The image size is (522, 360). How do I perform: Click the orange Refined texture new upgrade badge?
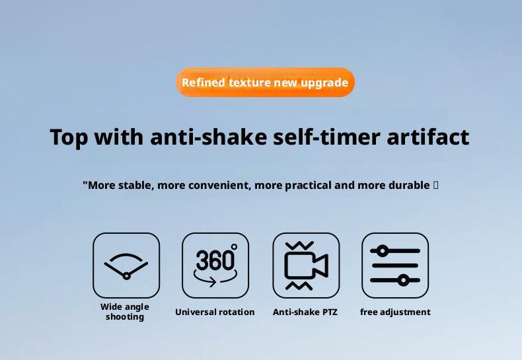tap(266, 82)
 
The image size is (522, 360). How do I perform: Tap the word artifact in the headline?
tap(428, 137)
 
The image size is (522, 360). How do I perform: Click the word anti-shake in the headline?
tap(209, 137)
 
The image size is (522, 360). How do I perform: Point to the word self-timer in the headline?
tap(326, 137)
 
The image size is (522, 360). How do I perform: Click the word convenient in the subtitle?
tap(219, 186)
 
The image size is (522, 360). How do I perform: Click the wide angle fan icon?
tap(126, 266)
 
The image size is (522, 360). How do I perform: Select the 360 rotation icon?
tap(215, 265)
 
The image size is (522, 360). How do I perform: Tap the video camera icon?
tap(307, 266)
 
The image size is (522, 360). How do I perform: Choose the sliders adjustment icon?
tap(395, 266)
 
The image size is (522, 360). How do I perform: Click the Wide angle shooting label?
tap(125, 312)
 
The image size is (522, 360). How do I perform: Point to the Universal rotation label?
tap(215, 312)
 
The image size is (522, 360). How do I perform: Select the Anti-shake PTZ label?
tap(305, 312)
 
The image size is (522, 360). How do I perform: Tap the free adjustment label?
tap(395, 312)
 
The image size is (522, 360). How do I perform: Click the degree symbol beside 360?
tap(234, 247)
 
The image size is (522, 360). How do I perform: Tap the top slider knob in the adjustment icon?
tap(383, 251)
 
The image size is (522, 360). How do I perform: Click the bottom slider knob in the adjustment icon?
tap(404, 281)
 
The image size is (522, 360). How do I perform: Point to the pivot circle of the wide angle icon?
tap(126, 276)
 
